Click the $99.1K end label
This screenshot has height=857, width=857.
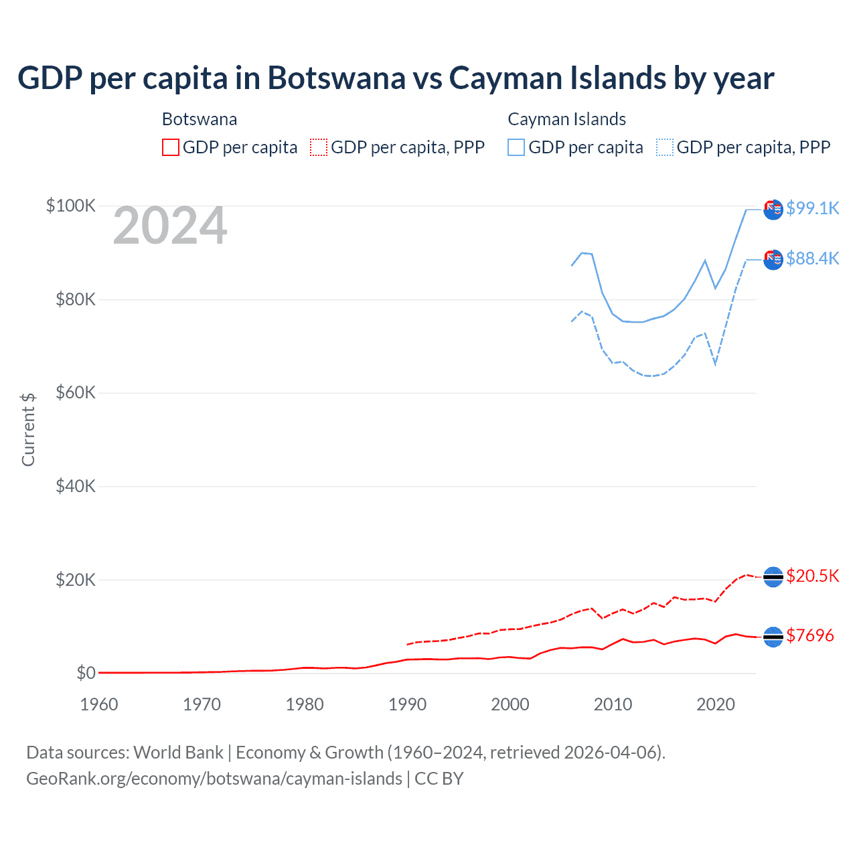[812, 208]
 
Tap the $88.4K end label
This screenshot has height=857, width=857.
[812, 258]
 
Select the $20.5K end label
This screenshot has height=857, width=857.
[812, 576]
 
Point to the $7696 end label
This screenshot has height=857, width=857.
[809, 635]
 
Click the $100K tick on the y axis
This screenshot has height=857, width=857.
[71, 206]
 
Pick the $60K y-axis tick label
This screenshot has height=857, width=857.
[75, 392]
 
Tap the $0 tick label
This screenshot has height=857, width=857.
[86, 673]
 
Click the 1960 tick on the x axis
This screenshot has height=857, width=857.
[99, 704]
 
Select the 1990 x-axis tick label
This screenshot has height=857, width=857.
[407, 704]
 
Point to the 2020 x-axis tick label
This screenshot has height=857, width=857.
[716, 704]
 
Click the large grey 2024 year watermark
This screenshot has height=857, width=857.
[170, 226]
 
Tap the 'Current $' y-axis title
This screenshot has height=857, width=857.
[28, 430]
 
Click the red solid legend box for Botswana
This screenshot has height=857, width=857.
[171, 147]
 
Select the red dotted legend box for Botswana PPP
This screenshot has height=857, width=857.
[319, 147]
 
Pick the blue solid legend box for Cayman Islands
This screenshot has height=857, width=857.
[516, 147]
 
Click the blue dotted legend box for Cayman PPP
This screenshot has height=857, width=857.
[665, 147]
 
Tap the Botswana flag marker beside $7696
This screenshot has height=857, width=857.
[773, 637]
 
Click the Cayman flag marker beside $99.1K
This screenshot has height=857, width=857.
[773, 209]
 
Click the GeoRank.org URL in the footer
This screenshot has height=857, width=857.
[214, 779]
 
